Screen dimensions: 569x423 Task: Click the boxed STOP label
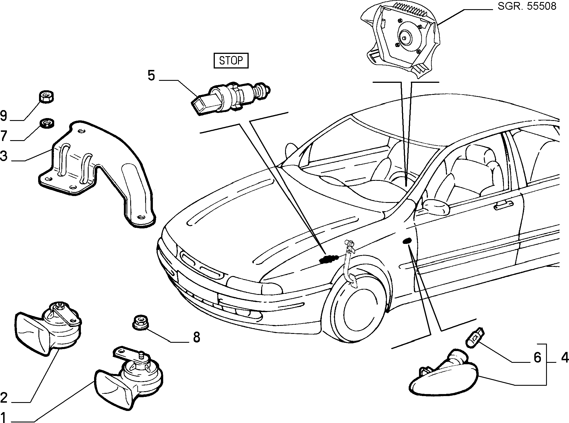(x=231, y=60)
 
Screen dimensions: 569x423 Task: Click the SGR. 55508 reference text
(x=527, y=6)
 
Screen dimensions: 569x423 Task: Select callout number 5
(x=151, y=76)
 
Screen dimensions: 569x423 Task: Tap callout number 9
(x=4, y=116)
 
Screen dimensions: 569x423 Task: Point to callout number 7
(x=4, y=136)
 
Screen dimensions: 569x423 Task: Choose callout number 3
(x=4, y=156)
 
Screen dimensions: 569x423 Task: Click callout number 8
(x=196, y=337)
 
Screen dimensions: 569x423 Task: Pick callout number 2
(x=4, y=397)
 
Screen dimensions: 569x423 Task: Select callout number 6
(x=537, y=357)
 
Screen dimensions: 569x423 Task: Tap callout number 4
(x=565, y=357)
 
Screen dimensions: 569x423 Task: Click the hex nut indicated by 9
(x=46, y=97)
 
